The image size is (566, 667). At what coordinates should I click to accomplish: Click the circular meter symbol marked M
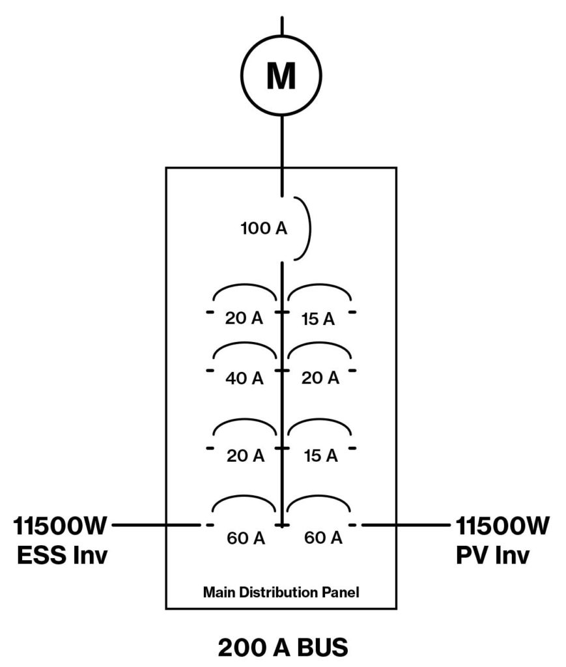pyautogui.click(x=281, y=76)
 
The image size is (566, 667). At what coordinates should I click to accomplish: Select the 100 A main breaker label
pyautogui.click(x=264, y=229)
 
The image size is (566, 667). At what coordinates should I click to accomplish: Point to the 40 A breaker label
pyautogui.click(x=245, y=378)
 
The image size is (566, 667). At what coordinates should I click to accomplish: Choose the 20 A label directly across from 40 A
pyautogui.click(x=320, y=378)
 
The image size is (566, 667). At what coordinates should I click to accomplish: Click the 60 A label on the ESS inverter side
pyautogui.click(x=246, y=539)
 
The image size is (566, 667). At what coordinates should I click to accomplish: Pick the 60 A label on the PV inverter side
pyautogui.click(x=323, y=538)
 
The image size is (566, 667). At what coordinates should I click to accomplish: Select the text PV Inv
pyautogui.click(x=492, y=556)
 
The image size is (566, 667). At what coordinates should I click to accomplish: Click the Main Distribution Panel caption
pyautogui.click(x=281, y=593)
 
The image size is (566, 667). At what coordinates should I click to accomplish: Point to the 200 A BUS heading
pyautogui.click(x=283, y=647)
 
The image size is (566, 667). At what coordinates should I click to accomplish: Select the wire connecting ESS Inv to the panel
pyautogui.click(x=156, y=524)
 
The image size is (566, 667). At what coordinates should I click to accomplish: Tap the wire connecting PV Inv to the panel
pyautogui.click(x=407, y=524)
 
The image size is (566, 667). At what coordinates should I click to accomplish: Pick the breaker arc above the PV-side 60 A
pyautogui.click(x=320, y=498)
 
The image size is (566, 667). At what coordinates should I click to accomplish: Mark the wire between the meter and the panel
pyautogui.click(x=281, y=140)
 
